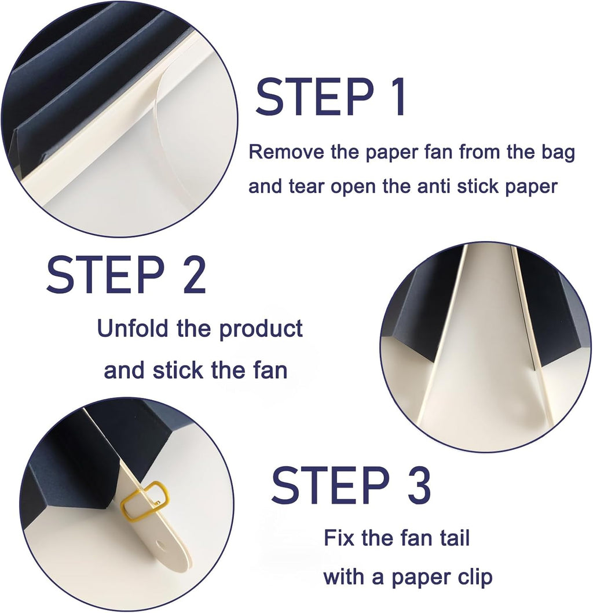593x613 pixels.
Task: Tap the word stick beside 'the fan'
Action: pos(178,370)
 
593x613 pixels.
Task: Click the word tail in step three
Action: pos(455,538)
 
